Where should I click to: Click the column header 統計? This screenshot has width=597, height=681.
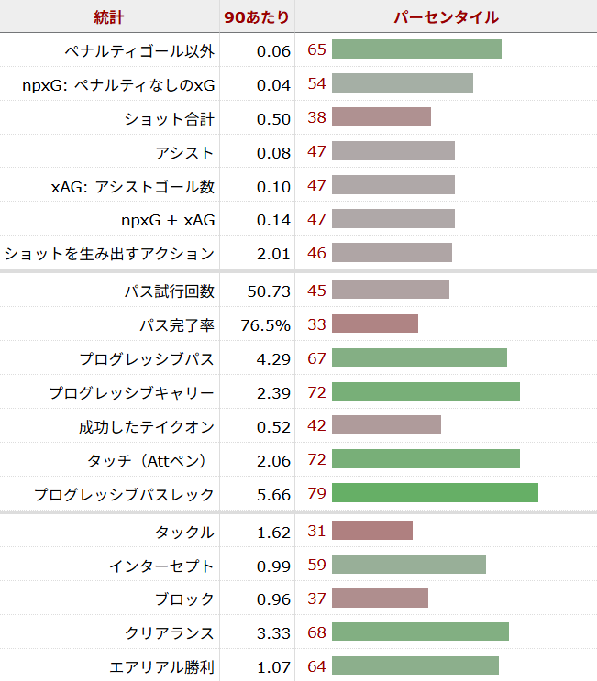(109, 17)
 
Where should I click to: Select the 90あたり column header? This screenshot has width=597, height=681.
(257, 17)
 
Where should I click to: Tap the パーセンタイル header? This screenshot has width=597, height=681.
(446, 17)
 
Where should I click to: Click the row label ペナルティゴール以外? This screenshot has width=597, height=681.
(140, 50)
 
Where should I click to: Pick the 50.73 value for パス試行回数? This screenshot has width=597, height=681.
(269, 291)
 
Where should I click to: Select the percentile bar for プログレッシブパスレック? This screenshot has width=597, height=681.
(435, 494)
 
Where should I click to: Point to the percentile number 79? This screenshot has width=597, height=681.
(317, 494)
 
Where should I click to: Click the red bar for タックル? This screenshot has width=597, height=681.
(371, 532)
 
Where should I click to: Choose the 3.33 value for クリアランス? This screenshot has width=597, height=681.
(274, 633)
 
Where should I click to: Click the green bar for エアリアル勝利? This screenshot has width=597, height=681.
(415, 666)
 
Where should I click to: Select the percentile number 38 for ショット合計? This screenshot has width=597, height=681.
(317, 118)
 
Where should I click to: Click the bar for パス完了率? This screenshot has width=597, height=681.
(374, 324)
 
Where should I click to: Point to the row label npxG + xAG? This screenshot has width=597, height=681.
(168, 220)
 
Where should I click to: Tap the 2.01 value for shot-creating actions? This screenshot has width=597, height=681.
(274, 254)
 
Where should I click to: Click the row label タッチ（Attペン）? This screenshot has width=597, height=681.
(147, 460)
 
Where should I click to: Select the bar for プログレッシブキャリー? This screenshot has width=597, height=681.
(426, 392)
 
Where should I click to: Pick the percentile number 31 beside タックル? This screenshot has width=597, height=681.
(317, 532)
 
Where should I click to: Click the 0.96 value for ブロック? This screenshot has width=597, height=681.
(274, 599)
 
